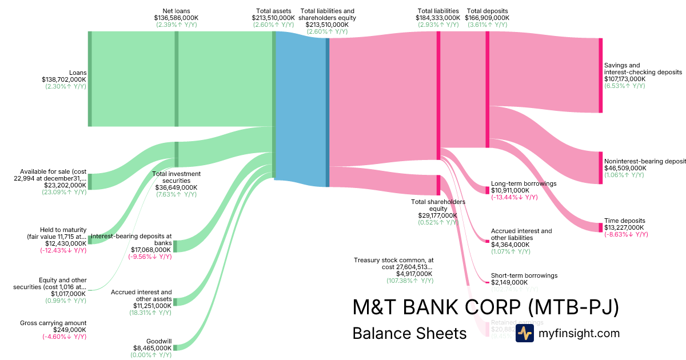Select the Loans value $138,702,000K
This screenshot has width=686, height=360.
point(63,79)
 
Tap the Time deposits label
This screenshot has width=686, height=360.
point(624,221)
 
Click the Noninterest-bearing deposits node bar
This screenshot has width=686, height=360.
point(600,167)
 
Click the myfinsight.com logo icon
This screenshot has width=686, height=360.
point(524,333)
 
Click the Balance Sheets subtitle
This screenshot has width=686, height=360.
point(409,333)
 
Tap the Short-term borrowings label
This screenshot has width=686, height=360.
point(524,275)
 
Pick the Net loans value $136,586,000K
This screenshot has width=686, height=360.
point(176,18)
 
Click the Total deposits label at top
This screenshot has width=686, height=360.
point(487,11)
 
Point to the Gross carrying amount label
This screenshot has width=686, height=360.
point(53,323)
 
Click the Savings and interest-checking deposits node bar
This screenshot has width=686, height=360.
point(600,75)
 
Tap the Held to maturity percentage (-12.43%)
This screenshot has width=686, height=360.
point(63,250)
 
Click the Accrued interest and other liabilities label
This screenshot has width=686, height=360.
point(521,234)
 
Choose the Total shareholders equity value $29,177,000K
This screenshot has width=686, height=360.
point(438,215)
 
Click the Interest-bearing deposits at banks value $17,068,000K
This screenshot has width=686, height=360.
point(148,250)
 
